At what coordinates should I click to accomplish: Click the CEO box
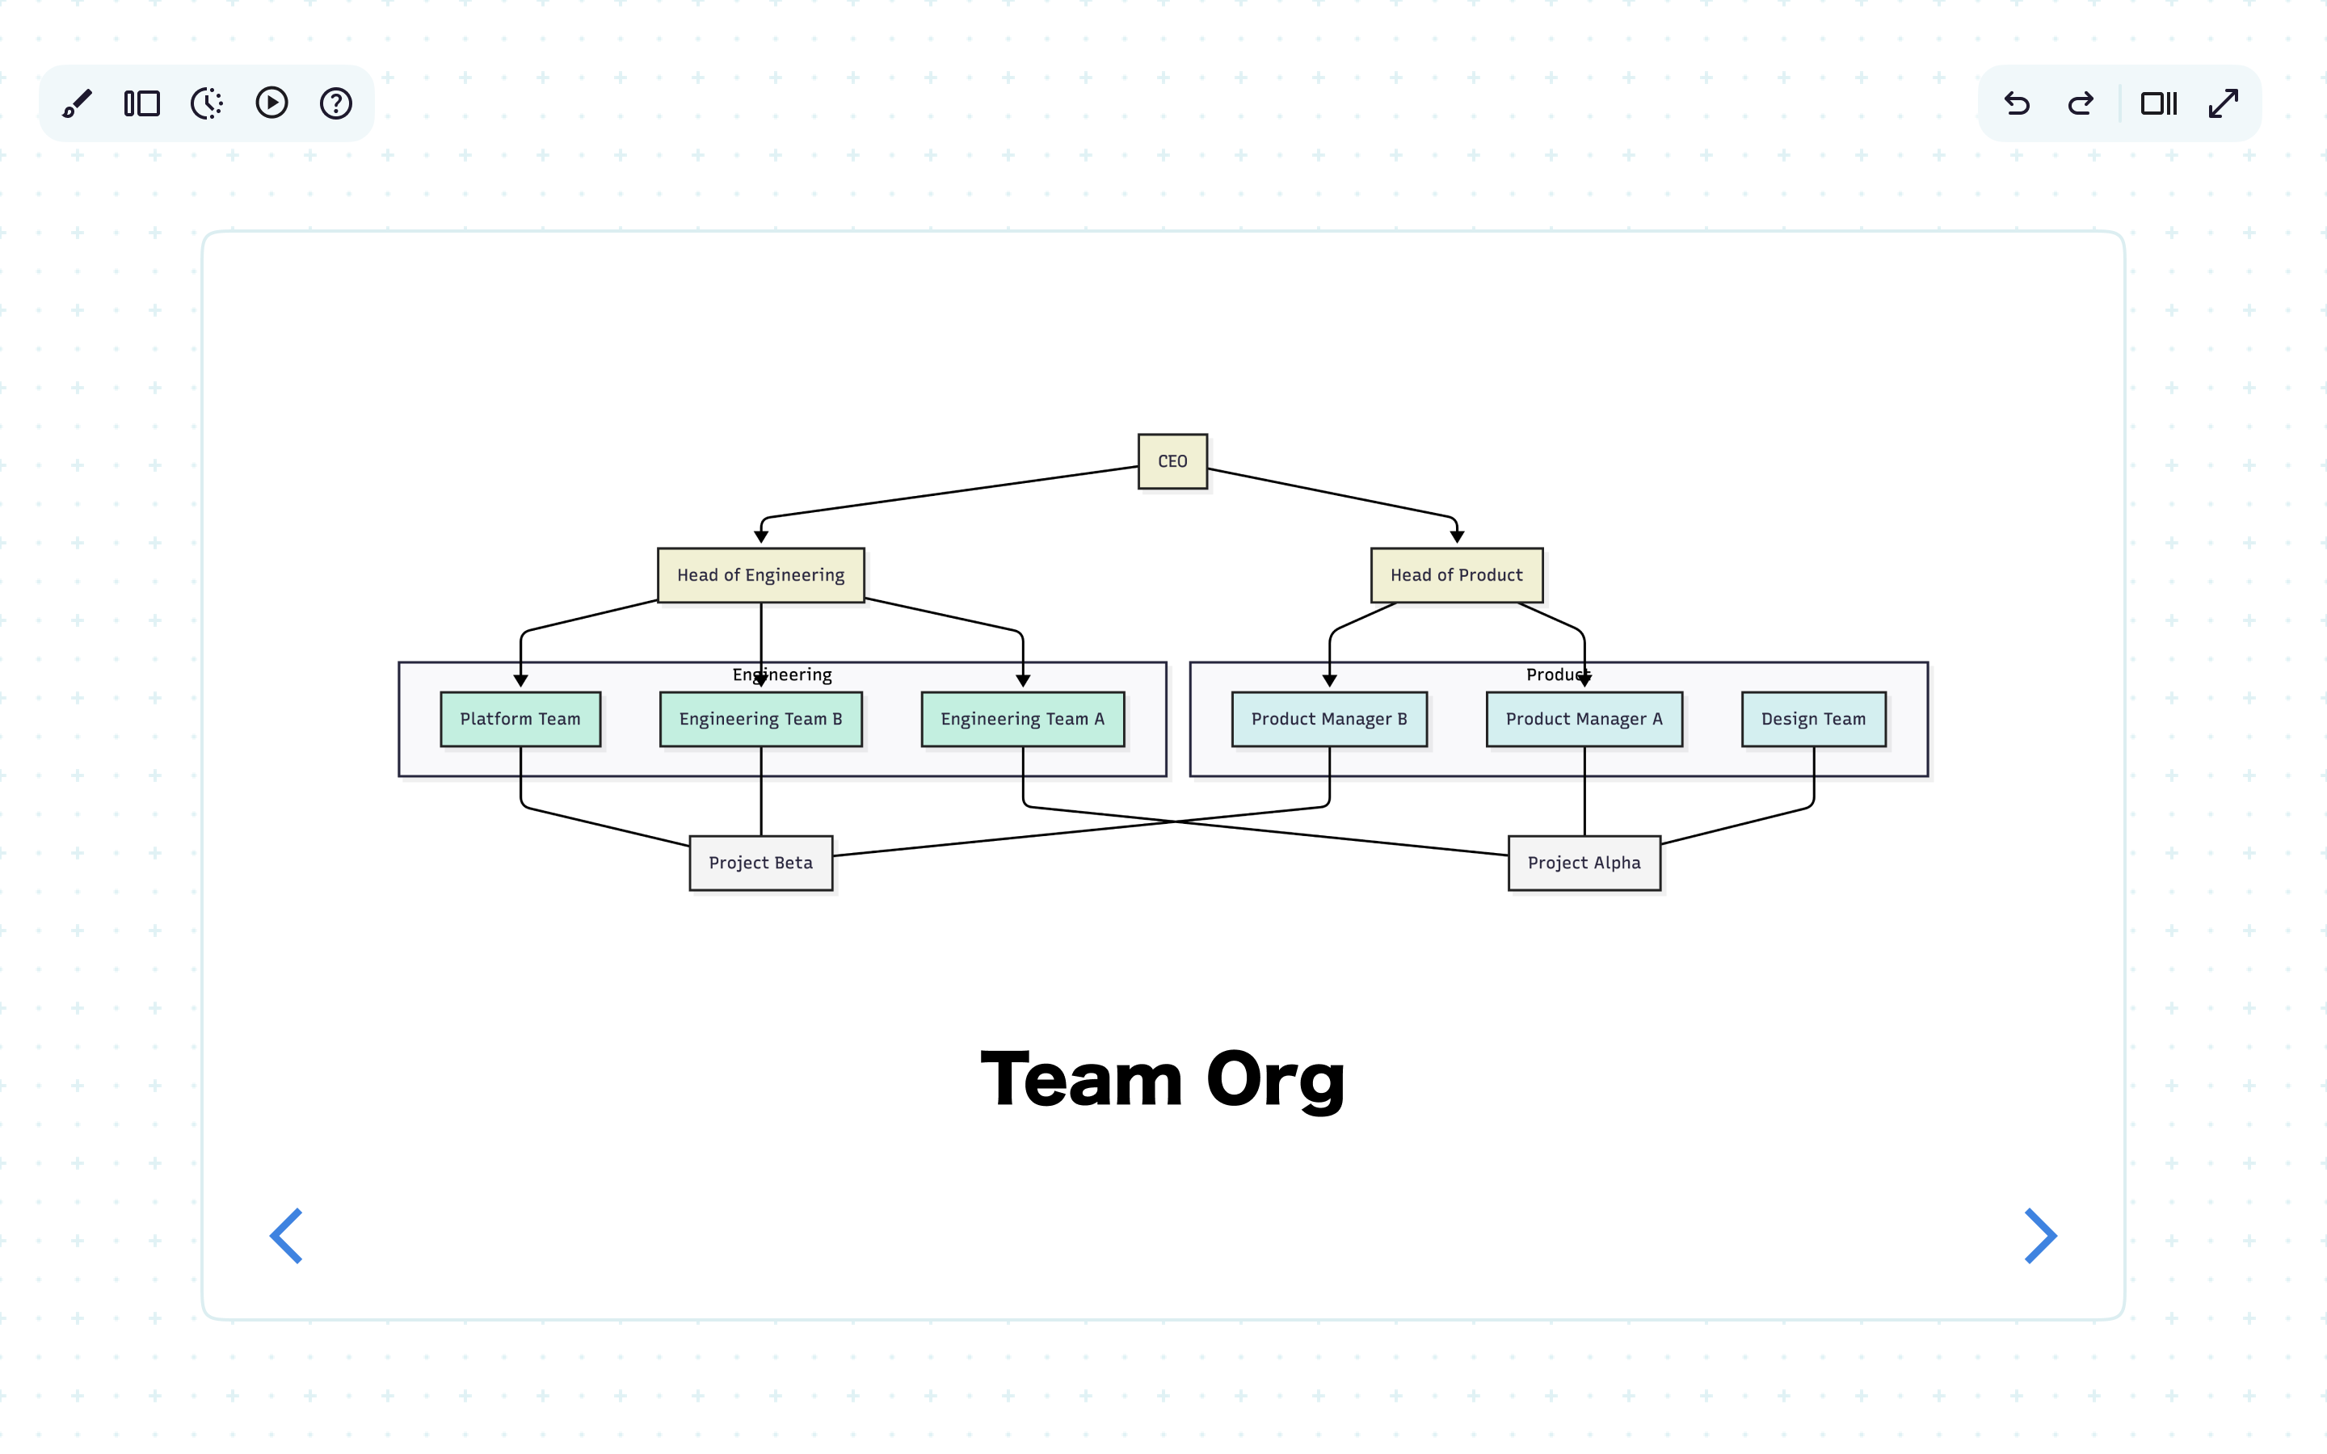1172,461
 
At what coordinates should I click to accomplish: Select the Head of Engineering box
760,575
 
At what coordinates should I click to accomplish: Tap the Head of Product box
1456,575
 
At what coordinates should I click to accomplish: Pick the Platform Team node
520,719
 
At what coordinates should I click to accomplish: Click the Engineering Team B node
760,719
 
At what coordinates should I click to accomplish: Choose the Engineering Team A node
1022,719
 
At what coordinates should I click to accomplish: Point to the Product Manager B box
1329,719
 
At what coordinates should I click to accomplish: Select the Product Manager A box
1584,719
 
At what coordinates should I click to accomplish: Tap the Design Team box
1812,719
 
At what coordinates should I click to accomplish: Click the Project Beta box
760,863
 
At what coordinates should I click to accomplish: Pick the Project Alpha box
1584,863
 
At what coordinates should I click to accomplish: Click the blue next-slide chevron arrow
2040,1236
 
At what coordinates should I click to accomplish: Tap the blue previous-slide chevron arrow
287,1236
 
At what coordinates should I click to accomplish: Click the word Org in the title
1275,1080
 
